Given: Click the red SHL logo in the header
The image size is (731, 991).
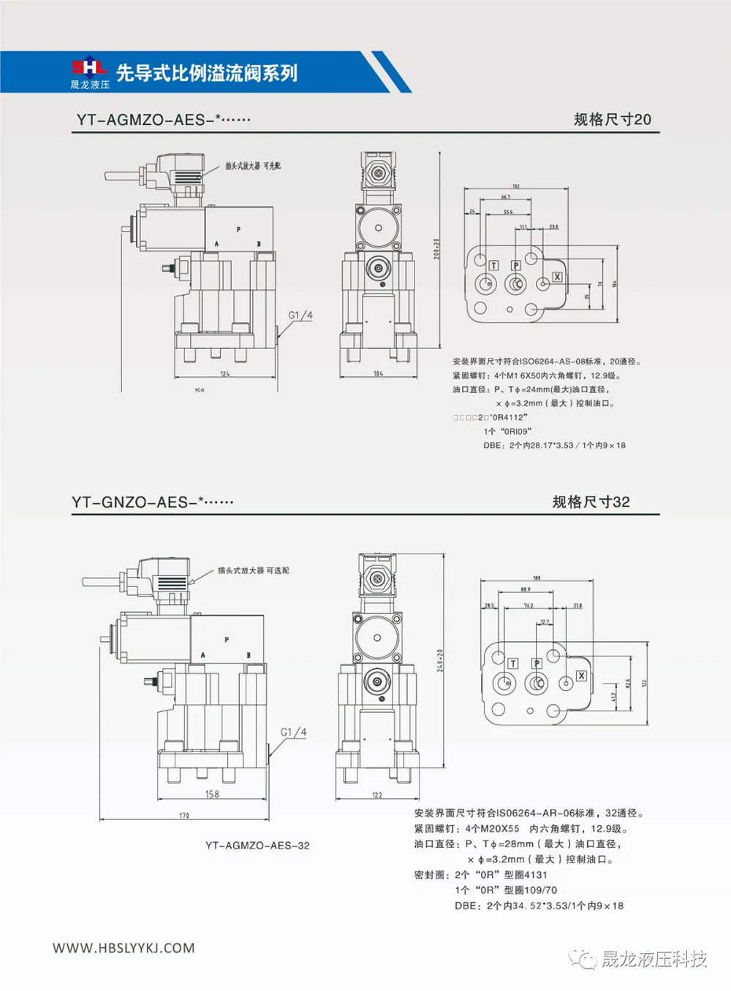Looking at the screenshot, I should coord(88,66).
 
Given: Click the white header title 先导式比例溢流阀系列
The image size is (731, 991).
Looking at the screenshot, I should coord(207,73).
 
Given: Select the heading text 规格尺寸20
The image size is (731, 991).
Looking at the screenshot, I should coord(612,120).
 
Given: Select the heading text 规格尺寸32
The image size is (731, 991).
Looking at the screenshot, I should coord(591,502).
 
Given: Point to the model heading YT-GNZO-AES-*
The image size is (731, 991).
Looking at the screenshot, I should coord(153,502).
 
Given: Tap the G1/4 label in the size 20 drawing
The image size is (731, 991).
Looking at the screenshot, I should coord(300,315).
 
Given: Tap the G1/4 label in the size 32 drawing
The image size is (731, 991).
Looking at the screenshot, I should coord(293,732).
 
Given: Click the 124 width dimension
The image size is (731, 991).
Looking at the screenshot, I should coord(224,374).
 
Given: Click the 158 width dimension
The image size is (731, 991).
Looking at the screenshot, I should coord(212,794).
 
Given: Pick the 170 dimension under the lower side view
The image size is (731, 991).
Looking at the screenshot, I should coord(184,816).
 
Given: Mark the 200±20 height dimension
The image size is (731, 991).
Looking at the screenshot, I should coord(437,248).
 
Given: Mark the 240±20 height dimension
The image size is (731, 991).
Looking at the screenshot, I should coord(440,660).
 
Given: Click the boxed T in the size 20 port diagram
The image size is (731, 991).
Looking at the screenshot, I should coord(494,265).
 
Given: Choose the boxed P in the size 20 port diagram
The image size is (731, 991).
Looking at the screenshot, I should coord(516,265).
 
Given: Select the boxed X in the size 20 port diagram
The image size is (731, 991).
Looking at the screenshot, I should coord(557,277).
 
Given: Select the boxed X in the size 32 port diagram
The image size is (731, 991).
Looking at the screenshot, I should coord(581,676).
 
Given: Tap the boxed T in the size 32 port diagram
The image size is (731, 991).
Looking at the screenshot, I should coord(513,663).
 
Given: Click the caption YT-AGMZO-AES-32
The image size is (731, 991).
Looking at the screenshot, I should coord(257,846).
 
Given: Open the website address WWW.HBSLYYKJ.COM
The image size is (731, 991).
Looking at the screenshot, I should coord(124,948).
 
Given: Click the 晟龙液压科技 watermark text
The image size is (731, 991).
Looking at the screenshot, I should coord(654,959).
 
